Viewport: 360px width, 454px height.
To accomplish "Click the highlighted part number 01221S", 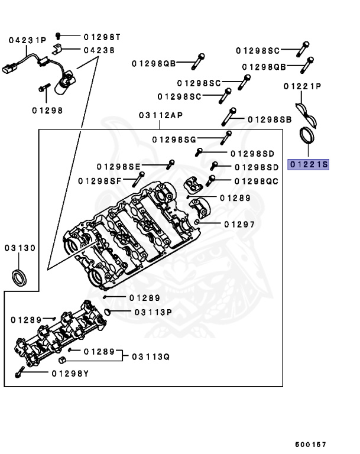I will tap(307, 164).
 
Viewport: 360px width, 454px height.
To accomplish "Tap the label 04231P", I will tap(27, 40).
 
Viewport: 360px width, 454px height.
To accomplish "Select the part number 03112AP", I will tap(161, 115).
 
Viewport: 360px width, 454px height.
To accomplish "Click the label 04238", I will tap(99, 50).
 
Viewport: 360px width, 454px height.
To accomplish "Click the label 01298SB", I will tap(270, 119).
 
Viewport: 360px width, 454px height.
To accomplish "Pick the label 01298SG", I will tap(174, 140).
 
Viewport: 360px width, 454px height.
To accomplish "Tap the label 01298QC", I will tap(256, 181).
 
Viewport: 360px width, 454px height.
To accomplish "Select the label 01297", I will tap(239, 224).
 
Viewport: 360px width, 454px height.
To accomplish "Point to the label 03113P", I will tap(153, 312).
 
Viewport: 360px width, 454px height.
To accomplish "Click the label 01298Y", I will tap(70, 373).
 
